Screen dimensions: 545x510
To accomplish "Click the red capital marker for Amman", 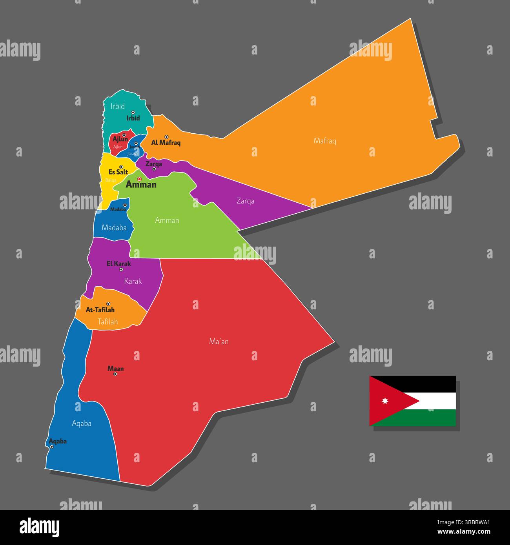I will coord(139,179).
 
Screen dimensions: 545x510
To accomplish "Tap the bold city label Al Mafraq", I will coord(166,143).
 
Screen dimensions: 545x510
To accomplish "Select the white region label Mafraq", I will coord(325,141).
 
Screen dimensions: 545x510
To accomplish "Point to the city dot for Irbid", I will coord(133,113).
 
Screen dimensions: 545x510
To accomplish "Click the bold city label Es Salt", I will coord(118,172).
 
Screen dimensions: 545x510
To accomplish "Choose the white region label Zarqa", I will coord(245,201).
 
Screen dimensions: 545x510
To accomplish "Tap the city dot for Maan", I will coord(115,374).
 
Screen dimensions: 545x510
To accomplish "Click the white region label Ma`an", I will coord(219,342).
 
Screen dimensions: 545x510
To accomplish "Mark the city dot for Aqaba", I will coord(51,447).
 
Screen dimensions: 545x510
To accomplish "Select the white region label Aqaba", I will coord(82,423).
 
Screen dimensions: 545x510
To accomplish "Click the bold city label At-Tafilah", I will coord(100,310).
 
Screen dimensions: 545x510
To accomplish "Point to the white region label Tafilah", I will coord(107,322).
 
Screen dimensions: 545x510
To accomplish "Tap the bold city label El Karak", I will coord(119,264).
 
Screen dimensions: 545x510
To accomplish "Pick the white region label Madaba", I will coord(114,227).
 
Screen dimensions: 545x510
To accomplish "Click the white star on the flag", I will coord(384,401).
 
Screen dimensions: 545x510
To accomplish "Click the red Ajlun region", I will coord(117,146).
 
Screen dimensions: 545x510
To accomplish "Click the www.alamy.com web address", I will coord(464,532).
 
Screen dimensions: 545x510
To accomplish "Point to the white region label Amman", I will coord(167,220).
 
